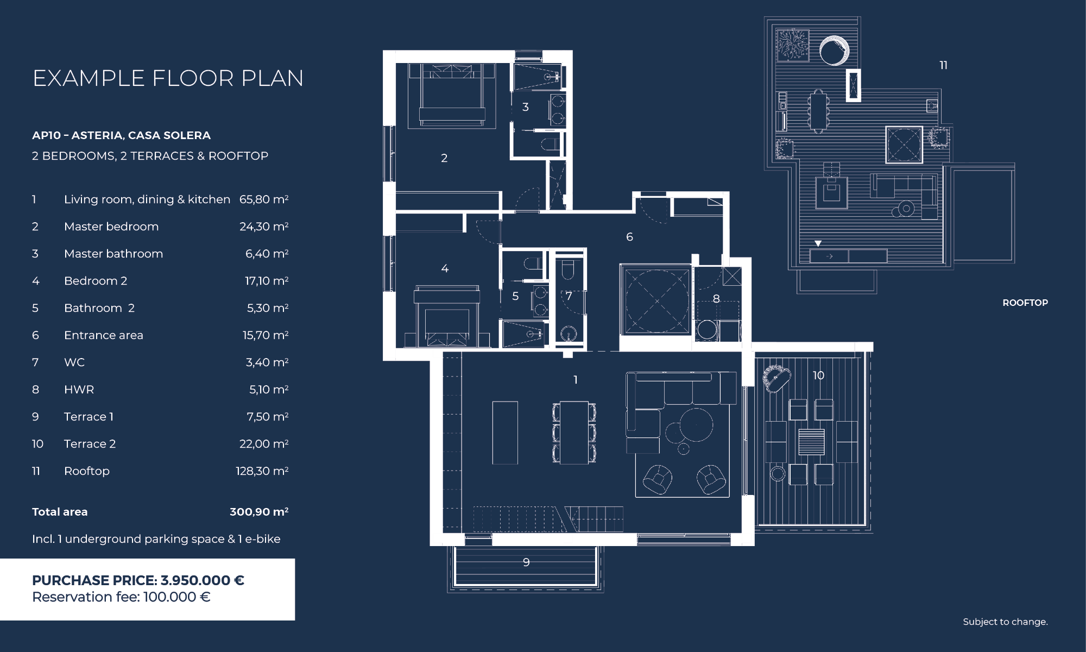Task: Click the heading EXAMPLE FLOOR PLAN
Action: (x=168, y=78)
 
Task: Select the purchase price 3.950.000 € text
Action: (x=203, y=580)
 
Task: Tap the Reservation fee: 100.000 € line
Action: (x=121, y=597)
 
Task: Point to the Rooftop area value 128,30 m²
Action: (x=262, y=471)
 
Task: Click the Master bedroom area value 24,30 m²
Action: (x=264, y=227)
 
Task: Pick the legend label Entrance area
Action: (x=104, y=335)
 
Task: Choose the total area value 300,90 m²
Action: (x=259, y=512)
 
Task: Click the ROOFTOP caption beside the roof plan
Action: (x=1025, y=303)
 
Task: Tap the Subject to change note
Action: (x=1005, y=622)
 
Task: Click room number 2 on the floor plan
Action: (x=444, y=158)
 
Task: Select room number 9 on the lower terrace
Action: (x=526, y=562)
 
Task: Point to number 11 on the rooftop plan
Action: (x=944, y=65)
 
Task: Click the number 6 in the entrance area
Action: (x=629, y=237)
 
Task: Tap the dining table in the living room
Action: (x=574, y=432)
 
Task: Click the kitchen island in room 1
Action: (x=505, y=432)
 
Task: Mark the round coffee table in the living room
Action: (x=696, y=425)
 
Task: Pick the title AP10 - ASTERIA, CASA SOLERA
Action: (x=121, y=135)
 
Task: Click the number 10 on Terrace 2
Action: (x=818, y=375)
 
